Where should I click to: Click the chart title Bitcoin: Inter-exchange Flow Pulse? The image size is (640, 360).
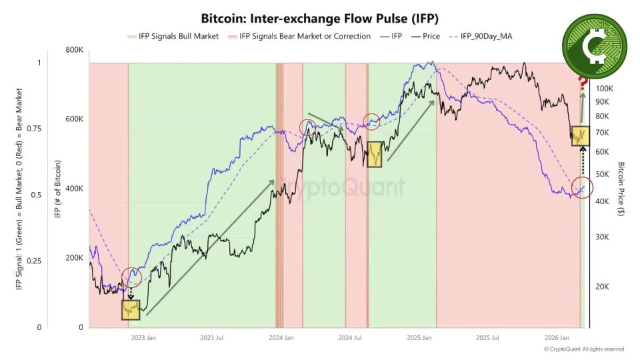click(x=319, y=18)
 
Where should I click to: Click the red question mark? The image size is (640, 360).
click(x=583, y=83)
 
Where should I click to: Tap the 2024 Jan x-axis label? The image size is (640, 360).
click(x=281, y=338)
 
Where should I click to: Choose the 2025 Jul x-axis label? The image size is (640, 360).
click(x=487, y=338)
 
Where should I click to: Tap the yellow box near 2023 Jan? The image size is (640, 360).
click(x=130, y=309)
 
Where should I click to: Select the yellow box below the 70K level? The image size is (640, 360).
click(x=581, y=136)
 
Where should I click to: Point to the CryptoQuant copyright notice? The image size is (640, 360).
click(x=583, y=349)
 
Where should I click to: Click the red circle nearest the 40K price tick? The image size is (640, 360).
click(x=582, y=188)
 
